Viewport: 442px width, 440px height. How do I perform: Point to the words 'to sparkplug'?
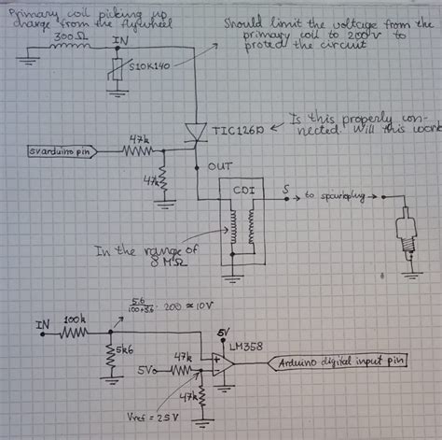coord(337,197)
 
